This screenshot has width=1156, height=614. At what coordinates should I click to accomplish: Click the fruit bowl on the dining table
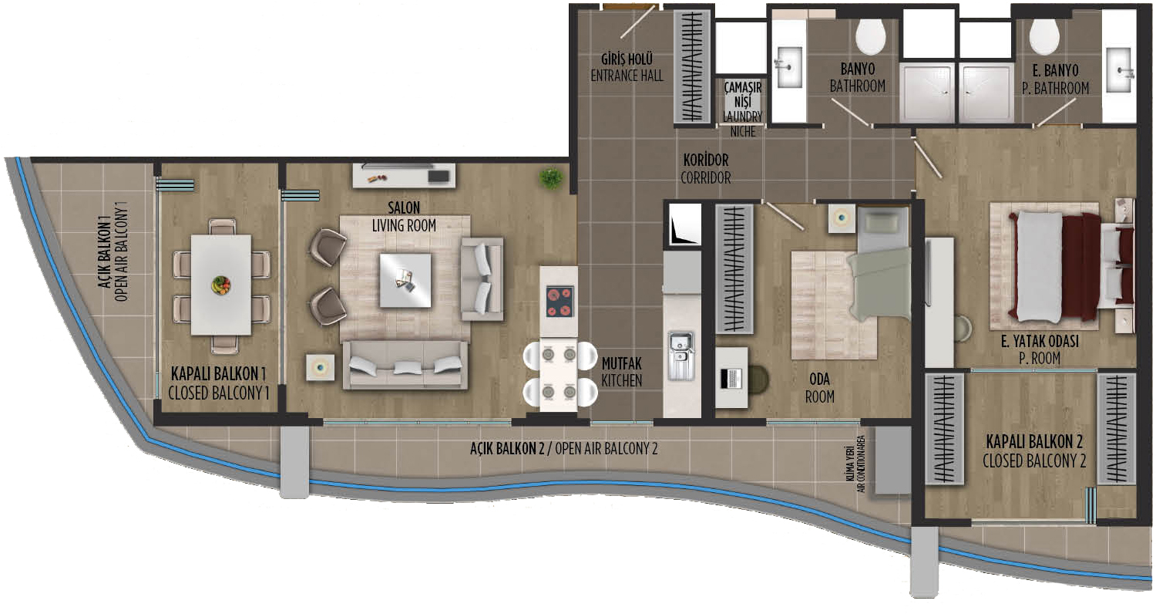coord(221,285)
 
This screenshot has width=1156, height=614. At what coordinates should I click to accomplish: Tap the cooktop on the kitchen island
coord(560,301)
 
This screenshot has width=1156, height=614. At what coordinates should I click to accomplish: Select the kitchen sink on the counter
coord(681,356)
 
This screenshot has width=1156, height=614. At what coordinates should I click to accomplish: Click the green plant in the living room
coord(551,178)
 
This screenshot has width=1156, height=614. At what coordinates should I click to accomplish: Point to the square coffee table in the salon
coord(405,281)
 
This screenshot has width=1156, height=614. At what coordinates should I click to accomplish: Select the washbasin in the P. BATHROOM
coord(1119,69)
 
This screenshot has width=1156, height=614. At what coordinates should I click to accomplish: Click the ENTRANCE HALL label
coord(627,76)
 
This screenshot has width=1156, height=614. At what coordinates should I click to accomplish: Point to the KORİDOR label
coord(705,160)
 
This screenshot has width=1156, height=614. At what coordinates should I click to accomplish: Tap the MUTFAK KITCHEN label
coord(621,373)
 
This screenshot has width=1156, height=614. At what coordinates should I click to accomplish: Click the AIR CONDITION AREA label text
coord(860,464)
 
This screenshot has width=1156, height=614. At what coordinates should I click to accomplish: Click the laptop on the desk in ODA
coord(731,379)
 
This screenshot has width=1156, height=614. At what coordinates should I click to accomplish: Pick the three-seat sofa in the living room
coord(405,365)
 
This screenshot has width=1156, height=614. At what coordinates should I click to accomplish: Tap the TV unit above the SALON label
coord(404,176)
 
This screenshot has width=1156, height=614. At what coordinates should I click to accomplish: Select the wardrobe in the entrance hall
coord(691,66)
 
